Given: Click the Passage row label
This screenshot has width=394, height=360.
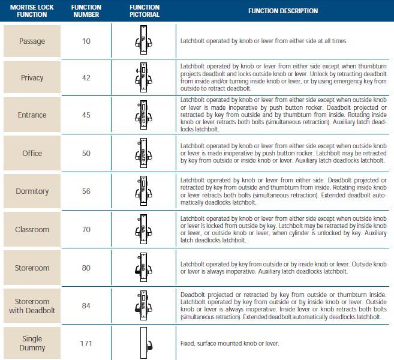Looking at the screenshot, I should (32, 41).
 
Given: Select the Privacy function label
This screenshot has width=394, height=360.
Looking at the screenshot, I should (32, 78).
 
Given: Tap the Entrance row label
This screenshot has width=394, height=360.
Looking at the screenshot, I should (32, 115).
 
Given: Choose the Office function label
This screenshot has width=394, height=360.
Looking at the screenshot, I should (32, 154).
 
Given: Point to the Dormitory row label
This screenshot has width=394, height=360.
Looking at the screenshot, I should (32, 191).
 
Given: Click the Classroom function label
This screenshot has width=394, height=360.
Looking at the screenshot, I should (32, 230).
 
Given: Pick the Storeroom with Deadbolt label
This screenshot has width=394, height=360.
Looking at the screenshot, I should (32, 306).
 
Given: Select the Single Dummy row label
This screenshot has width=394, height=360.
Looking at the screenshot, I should (32, 343).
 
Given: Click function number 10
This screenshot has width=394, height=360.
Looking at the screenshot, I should (86, 41).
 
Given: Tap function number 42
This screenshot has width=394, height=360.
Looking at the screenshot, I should (86, 78).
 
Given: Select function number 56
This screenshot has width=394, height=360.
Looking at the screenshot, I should (86, 191).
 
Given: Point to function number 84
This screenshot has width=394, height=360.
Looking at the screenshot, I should (86, 306).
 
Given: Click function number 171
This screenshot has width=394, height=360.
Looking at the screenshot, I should (86, 343).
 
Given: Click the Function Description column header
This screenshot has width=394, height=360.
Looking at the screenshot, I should (283, 11).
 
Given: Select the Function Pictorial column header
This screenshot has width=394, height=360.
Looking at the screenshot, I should (145, 11).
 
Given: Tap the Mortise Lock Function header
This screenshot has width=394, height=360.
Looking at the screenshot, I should (32, 11).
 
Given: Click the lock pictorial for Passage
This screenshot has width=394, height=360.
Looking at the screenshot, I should (144, 41).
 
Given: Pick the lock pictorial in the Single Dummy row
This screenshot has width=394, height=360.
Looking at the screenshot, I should (145, 343).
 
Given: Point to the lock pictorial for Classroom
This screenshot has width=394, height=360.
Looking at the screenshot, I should (144, 229).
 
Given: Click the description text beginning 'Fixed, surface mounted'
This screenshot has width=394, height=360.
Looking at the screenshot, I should (230, 343).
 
